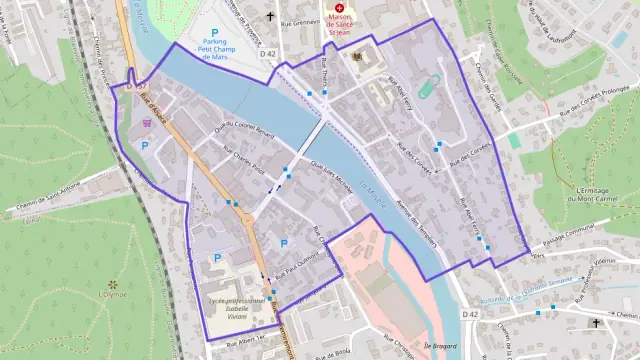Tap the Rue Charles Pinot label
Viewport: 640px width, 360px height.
pyautogui.click(x=244, y=163)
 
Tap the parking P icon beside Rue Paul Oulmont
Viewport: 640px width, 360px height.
pyautogui.click(x=283, y=243)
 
